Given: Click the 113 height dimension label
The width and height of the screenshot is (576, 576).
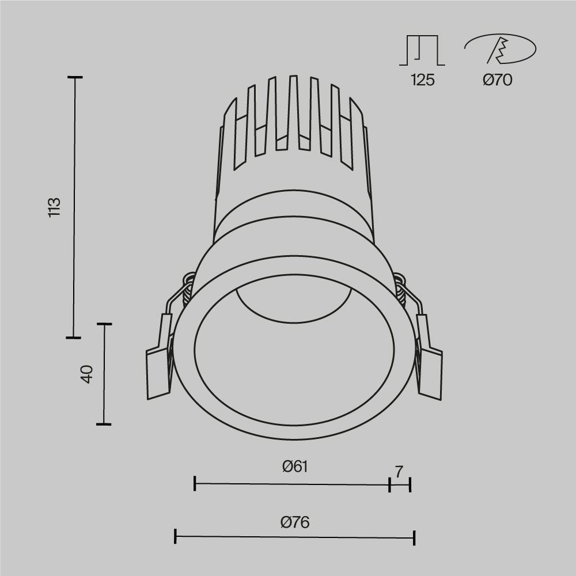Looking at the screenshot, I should click(x=54, y=207).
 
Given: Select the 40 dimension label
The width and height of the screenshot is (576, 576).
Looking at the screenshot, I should click(x=86, y=374).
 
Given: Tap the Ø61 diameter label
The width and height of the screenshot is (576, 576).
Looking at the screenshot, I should click(x=295, y=467).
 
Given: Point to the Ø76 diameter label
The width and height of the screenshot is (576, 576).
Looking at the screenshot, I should click(x=295, y=522).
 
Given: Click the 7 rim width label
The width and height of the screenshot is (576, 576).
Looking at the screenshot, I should click(x=399, y=471).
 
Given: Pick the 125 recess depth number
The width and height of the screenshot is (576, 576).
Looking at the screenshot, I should click(x=422, y=80).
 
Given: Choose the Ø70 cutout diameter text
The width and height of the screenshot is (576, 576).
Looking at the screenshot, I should click(x=497, y=80).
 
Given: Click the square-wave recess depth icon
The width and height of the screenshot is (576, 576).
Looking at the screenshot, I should click(x=422, y=50).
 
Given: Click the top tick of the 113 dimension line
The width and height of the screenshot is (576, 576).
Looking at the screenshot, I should click(x=74, y=77).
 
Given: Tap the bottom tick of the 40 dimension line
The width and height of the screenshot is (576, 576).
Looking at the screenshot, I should click(x=104, y=424).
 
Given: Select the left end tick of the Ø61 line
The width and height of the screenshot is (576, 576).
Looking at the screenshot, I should click(x=195, y=484).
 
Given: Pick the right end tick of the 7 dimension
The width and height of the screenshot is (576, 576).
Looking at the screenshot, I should click(x=410, y=484).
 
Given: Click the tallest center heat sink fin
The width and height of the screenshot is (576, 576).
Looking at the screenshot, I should click(x=293, y=112).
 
